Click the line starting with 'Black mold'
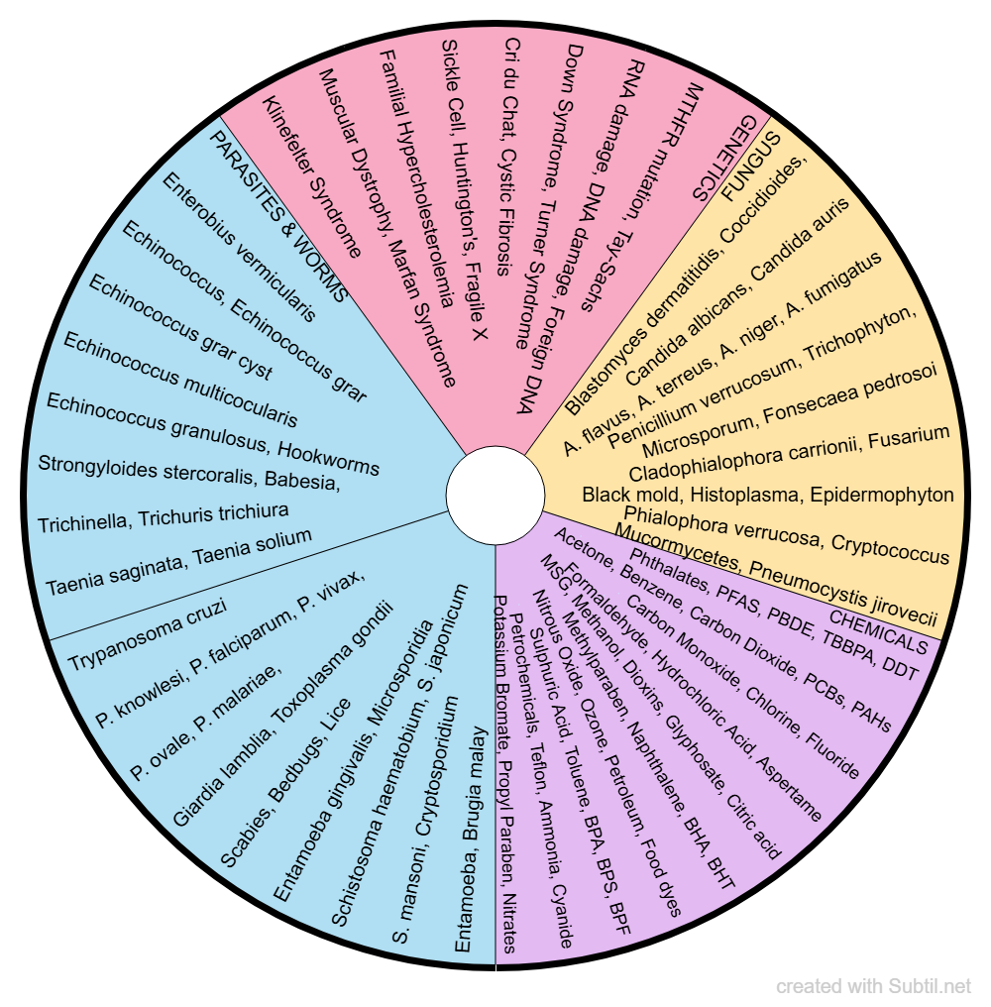point(768,494)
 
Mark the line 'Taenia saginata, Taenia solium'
point(178,562)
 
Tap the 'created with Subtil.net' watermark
point(874,986)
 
